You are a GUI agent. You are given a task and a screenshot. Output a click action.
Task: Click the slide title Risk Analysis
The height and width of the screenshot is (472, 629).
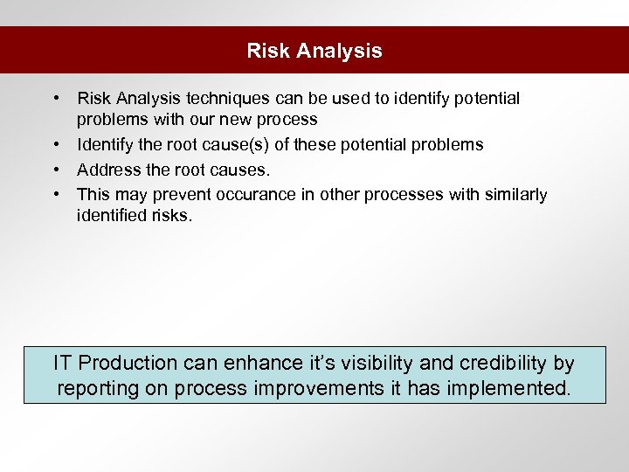point(314,51)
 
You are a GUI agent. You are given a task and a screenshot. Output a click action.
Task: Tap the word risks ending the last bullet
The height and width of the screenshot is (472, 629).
point(168,214)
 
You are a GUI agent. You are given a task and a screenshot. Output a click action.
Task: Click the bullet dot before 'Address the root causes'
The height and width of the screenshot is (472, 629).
point(55,170)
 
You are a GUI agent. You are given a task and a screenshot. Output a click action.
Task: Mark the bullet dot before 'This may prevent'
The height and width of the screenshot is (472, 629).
point(55,194)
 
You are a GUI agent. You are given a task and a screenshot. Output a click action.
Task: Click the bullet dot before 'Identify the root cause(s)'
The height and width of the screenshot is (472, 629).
point(55,144)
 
